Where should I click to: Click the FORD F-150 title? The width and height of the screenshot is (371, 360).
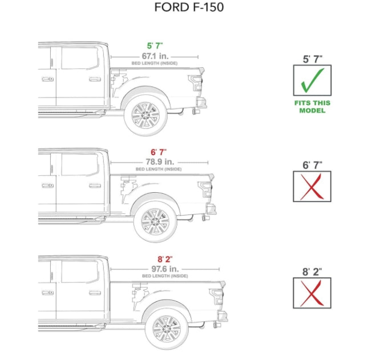(x=189, y=8)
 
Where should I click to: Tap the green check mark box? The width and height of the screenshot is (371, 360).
(x=312, y=80)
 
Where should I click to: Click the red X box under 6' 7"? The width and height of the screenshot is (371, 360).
(x=312, y=186)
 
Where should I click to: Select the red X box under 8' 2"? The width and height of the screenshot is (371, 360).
(x=312, y=292)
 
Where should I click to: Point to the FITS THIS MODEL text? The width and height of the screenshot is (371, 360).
(x=312, y=107)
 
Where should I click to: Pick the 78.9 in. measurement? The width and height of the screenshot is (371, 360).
(x=159, y=161)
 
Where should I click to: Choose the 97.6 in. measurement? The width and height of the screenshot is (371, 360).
(x=165, y=268)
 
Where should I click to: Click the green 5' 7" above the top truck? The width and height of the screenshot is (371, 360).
(x=154, y=46)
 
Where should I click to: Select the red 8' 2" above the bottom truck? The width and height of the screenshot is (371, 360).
(x=165, y=259)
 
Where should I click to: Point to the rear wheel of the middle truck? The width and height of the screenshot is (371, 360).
(x=155, y=221)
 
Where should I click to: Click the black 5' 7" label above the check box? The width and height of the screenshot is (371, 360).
(x=312, y=58)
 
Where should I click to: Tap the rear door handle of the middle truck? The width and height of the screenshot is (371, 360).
(x=95, y=185)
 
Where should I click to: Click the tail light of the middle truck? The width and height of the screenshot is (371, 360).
(x=205, y=190)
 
